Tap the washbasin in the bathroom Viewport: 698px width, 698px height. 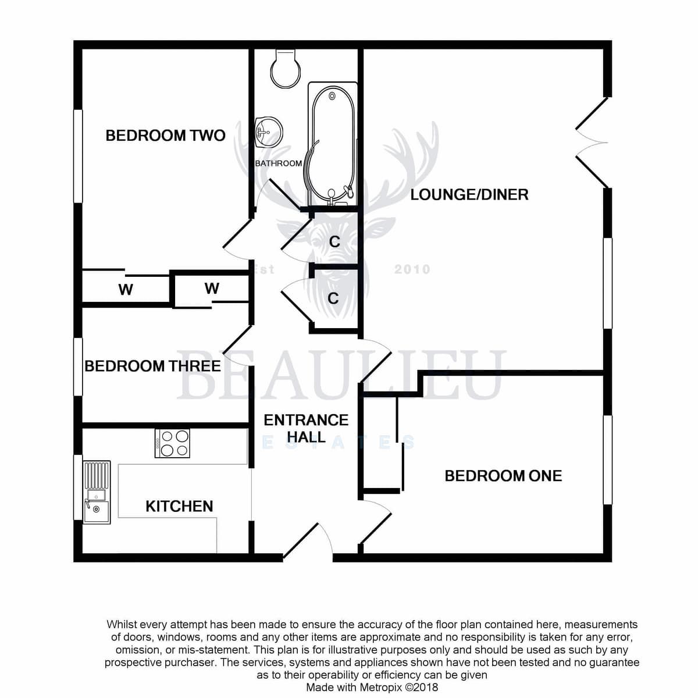click(269, 132)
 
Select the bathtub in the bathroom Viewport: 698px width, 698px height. click(333, 144)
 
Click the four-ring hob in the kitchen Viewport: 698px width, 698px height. click(172, 443)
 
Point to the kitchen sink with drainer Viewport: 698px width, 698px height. click(97, 492)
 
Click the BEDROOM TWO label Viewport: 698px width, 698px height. click(166, 136)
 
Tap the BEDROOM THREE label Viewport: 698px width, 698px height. click(152, 366)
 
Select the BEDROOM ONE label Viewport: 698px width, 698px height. click(503, 476)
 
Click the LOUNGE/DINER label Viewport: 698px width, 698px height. click(469, 195)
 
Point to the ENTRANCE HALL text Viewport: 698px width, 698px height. click(306, 429)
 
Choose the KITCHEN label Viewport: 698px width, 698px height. click(179, 507)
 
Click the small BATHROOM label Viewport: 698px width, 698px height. click(278, 163)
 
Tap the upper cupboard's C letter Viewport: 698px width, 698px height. click(334, 241)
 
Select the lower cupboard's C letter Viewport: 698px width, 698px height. click(333, 298)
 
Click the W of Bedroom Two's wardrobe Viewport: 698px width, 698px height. click(126, 290)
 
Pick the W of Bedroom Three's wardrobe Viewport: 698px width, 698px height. click(212, 289)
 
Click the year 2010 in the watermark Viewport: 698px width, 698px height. click(412, 269)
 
